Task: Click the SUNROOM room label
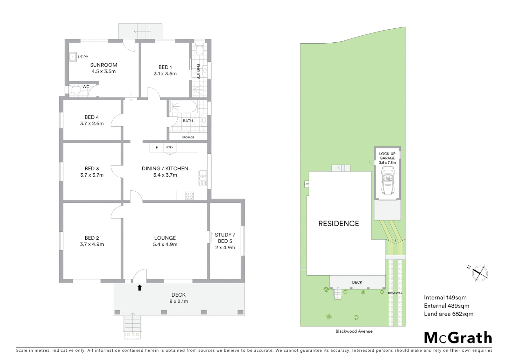click(104, 65)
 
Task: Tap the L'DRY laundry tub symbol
click(73, 57)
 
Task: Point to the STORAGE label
click(188, 137)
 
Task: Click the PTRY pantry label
click(170, 147)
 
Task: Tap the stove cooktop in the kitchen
click(190, 196)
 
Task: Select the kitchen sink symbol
click(203, 178)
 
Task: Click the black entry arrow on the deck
click(140, 288)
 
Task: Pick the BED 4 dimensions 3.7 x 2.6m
click(92, 124)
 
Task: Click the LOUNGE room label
click(165, 238)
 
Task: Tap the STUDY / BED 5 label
click(225, 238)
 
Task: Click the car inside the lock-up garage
click(387, 181)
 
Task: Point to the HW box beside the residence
click(306, 184)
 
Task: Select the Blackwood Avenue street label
click(354, 331)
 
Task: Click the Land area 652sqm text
click(448, 314)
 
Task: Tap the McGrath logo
click(458, 338)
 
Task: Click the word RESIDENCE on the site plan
click(338, 224)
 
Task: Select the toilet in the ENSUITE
click(199, 50)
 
